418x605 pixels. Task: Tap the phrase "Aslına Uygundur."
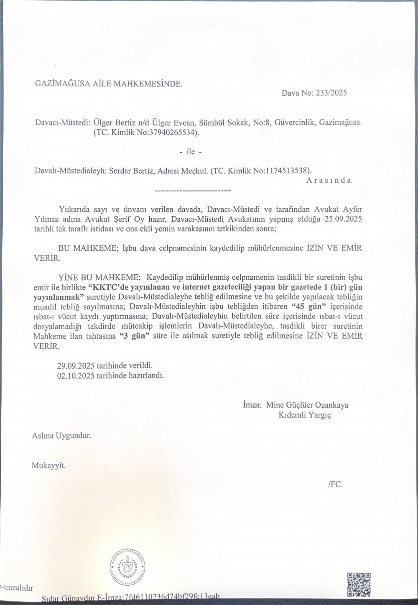[x=61, y=435]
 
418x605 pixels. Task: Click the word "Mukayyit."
[x=49, y=465]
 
